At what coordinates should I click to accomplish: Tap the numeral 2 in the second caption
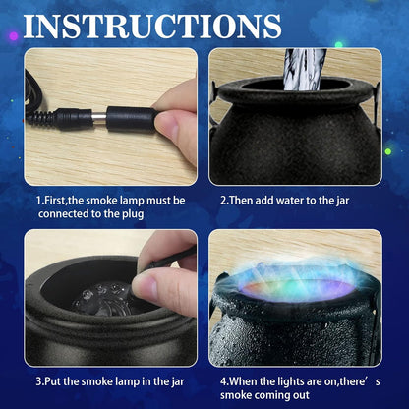coord(223,200)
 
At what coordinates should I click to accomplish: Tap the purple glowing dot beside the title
coord(14,36)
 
